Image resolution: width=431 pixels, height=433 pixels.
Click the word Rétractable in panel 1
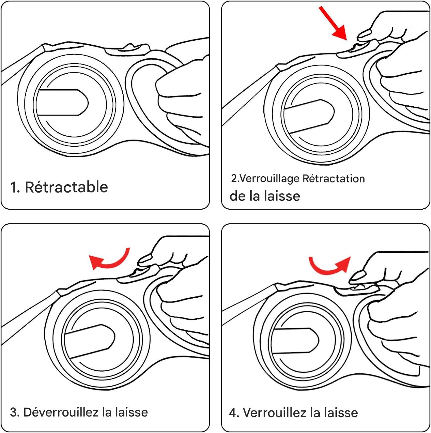click(x=66, y=187)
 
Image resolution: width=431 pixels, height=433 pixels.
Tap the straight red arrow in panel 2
click(x=333, y=24)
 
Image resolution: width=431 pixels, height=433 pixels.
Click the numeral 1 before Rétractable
click(x=13, y=187)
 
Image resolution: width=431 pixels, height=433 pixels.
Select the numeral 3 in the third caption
click(x=14, y=412)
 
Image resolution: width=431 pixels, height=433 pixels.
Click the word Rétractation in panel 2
click(x=334, y=178)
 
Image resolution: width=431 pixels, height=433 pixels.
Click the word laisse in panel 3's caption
click(x=132, y=412)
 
